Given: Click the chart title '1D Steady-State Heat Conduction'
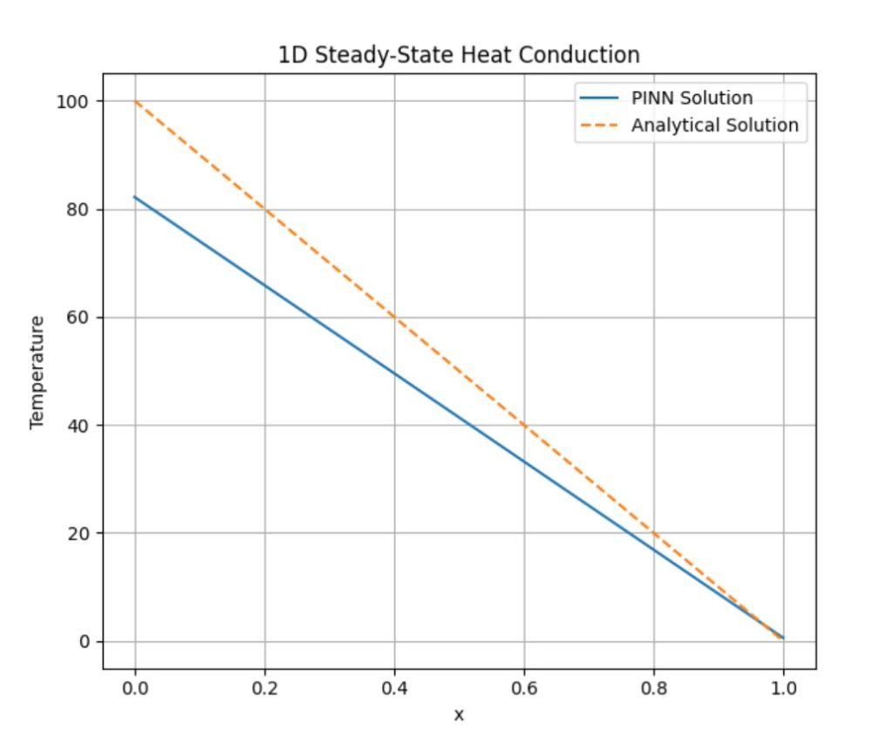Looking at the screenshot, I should [459, 55].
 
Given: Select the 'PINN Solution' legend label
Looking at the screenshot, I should [692, 98].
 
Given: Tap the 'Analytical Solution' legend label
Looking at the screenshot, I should [714, 125].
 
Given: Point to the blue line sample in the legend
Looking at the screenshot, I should [600, 98].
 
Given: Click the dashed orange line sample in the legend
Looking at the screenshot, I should [600, 126].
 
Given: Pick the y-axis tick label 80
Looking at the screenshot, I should [80, 209].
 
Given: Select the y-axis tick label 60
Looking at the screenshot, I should [80, 318].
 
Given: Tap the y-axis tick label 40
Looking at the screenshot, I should [80, 426].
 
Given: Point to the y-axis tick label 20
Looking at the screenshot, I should [80, 533].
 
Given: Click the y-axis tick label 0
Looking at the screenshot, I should [85, 641].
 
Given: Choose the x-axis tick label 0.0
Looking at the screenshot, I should [135, 688].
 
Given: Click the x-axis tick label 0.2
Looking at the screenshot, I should [265, 688].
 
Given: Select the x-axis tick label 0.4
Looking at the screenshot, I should [394, 688].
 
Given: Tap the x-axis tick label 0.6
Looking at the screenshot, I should [524, 688].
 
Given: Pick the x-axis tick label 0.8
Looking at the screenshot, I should [654, 688].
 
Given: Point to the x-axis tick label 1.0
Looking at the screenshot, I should [783, 688].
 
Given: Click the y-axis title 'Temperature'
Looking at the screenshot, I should [37, 372].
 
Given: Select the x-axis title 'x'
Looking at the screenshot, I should [459, 715].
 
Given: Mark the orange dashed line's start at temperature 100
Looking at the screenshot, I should [135, 101].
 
